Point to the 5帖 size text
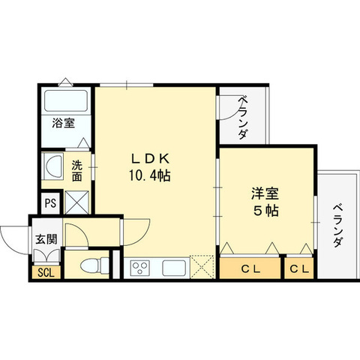(265, 211)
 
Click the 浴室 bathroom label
(63, 124)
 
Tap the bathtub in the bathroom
(64, 100)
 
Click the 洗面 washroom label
(77, 171)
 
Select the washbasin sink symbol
(54, 166)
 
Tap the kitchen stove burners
(141, 267)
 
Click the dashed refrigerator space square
(202, 266)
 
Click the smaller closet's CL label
(299, 268)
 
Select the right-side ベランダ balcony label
(337, 225)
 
